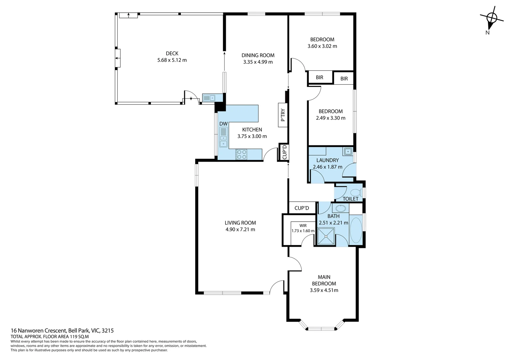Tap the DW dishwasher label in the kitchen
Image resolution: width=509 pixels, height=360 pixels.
pos(223,124)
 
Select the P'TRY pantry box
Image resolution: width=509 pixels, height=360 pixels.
pos(283,115)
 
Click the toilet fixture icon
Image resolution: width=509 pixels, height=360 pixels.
pos(356,192)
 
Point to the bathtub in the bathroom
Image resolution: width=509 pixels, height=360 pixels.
pos(356,230)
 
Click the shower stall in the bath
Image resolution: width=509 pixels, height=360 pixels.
pos(326,236)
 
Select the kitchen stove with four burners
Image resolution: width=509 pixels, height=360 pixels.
pos(242,154)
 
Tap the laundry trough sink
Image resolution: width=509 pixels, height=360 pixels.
pos(348,151)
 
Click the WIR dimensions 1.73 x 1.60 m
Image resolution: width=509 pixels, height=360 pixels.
pos(303,231)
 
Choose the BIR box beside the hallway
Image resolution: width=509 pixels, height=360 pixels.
pos(319,77)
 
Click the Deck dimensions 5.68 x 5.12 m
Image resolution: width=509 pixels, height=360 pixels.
pos(172,60)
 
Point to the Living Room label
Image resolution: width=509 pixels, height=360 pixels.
pos(240,223)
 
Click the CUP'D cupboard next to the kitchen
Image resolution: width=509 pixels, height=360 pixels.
pos(284,152)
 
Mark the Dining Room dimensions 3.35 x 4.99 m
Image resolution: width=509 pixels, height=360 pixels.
pos(257,62)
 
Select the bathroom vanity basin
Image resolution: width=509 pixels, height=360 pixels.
pos(340,209)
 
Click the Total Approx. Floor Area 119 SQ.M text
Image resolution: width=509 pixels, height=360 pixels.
pos(50,337)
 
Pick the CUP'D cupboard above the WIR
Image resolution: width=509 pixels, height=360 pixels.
pos(301,208)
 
